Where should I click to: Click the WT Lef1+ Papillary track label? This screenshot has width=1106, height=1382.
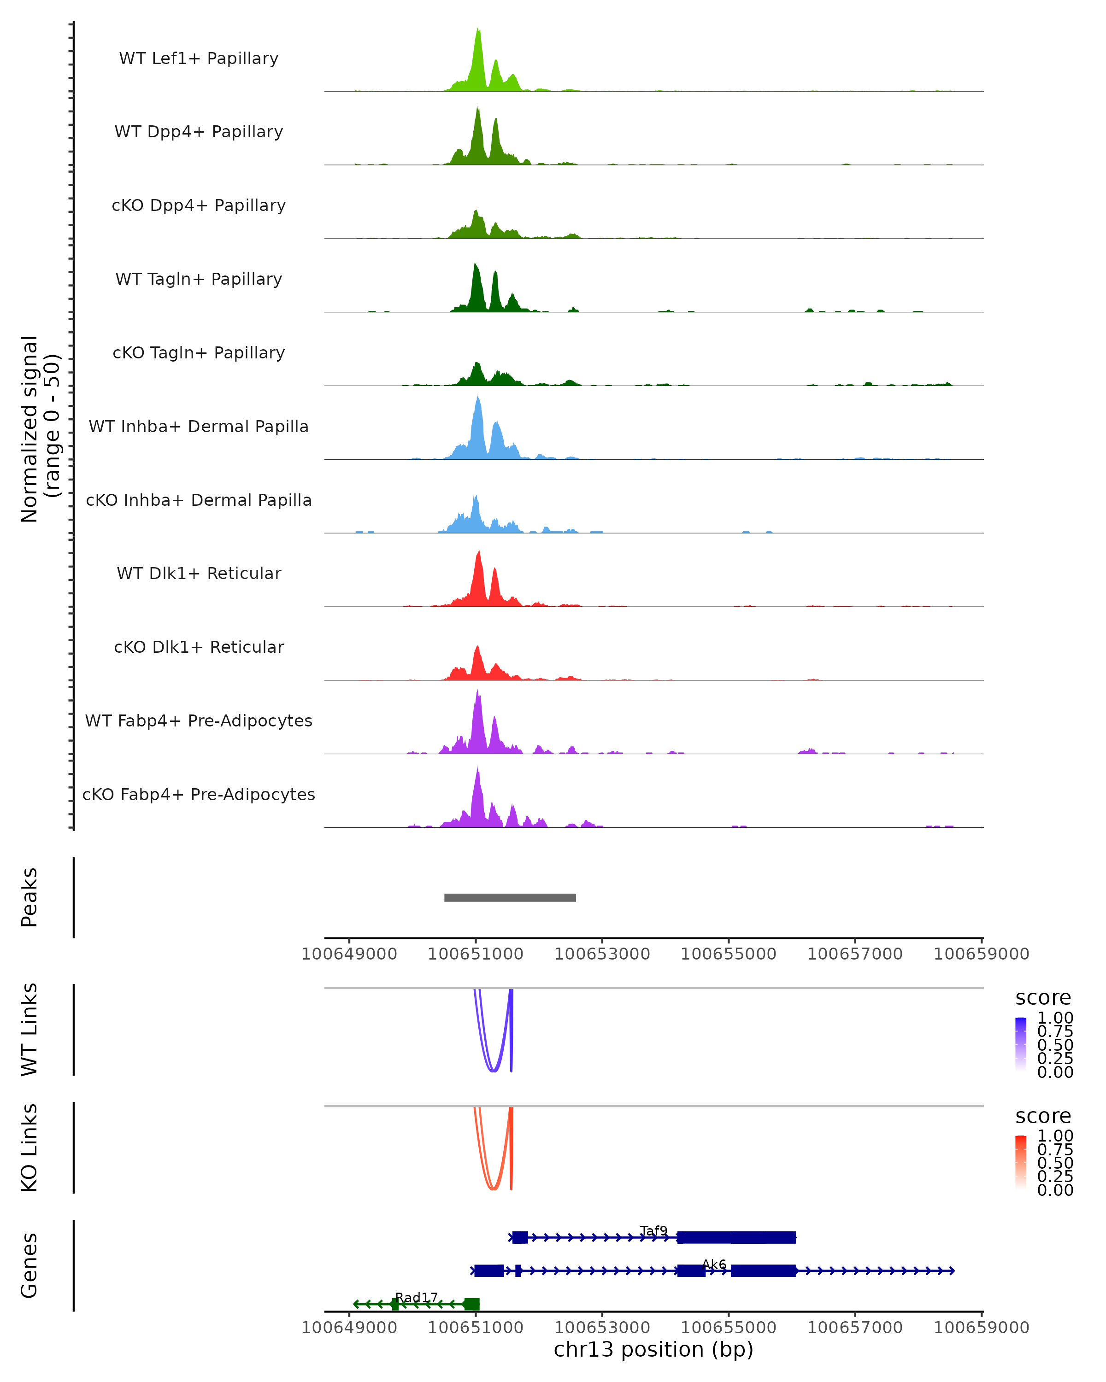tap(199, 59)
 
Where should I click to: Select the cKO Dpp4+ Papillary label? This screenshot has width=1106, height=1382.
tap(199, 205)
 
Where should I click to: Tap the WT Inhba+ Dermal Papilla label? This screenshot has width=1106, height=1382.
tap(199, 426)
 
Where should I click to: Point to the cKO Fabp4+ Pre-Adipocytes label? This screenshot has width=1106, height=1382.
tap(199, 794)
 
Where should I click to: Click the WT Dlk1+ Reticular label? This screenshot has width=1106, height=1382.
tap(199, 573)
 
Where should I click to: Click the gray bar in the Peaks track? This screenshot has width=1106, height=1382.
tap(510, 897)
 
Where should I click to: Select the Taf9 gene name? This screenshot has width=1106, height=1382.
tap(653, 1231)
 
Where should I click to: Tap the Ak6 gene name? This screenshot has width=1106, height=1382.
tap(714, 1264)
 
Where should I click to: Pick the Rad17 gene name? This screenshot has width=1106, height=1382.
tap(416, 1297)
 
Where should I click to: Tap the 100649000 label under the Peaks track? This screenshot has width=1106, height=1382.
tap(349, 954)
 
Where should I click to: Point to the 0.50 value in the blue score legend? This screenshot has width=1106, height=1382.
tap(1055, 1044)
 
